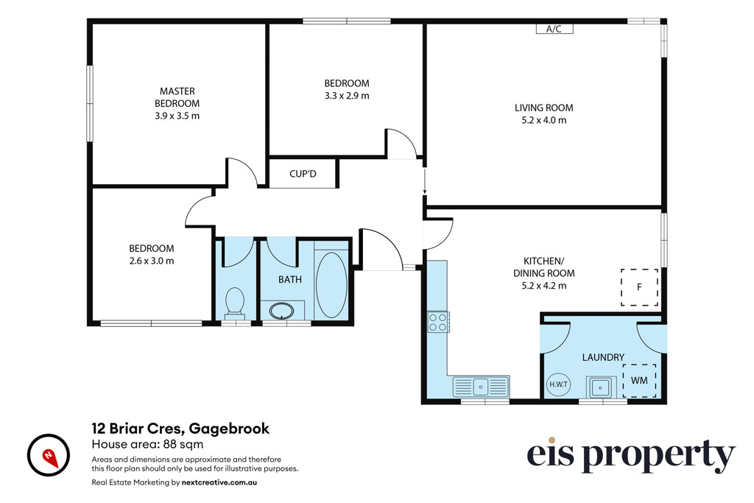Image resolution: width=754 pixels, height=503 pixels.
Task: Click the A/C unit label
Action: [x=554, y=29]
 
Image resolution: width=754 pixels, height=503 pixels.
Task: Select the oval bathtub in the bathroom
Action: [x=331, y=285]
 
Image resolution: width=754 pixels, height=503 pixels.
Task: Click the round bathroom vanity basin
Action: [x=282, y=311]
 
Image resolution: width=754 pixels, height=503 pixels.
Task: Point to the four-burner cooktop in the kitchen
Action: [x=439, y=322]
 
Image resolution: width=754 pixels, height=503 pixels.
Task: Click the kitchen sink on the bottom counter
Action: [x=481, y=386]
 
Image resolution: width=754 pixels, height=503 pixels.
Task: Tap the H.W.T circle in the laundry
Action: [x=558, y=384]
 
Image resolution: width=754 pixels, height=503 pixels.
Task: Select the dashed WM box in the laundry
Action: [x=639, y=380]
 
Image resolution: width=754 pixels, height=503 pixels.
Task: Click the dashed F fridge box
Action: [x=639, y=287]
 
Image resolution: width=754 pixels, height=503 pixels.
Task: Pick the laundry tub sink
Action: [x=599, y=387]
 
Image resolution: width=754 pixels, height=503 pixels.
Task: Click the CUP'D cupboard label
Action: [x=303, y=174]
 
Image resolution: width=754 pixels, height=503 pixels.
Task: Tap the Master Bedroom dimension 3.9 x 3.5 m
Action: [x=177, y=116]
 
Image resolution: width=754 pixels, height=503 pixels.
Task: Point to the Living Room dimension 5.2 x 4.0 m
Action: [x=544, y=120]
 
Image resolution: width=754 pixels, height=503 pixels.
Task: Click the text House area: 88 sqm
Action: [x=147, y=444]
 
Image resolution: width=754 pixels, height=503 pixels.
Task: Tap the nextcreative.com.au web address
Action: [x=219, y=482]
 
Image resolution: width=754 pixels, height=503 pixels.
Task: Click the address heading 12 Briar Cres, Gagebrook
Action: [x=180, y=428]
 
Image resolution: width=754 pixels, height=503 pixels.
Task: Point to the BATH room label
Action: [x=290, y=279]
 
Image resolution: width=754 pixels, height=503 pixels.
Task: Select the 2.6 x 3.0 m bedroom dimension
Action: [x=152, y=261]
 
